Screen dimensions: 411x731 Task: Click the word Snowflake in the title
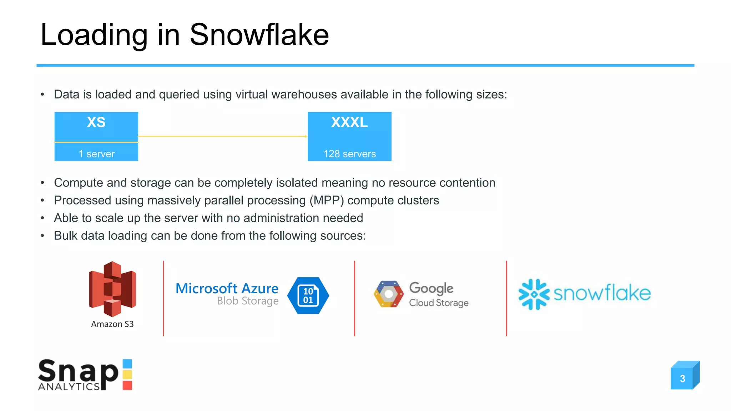(x=259, y=35)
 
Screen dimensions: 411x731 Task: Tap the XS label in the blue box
(x=96, y=122)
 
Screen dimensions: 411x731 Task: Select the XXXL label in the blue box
(x=349, y=122)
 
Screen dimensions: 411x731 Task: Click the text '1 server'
(x=96, y=154)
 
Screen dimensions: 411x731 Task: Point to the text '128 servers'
(x=349, y=154)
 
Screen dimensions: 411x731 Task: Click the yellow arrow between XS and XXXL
(x=223, y=136)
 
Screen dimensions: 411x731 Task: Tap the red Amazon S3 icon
(x=112, y=289)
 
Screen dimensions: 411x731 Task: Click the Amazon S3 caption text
(x=112, y=324)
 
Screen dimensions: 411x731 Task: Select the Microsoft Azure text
(x=227, y=288)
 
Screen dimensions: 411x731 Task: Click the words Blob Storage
(x=248, y=301)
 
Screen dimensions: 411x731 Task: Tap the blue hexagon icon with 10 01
(x=308, y=295)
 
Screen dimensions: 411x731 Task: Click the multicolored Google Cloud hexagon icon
(x=389, y=294)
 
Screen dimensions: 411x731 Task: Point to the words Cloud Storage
(x=439, y=303)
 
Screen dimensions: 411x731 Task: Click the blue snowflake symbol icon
(x=534, y=294)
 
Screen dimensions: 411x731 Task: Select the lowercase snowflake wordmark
(x=602, y=293)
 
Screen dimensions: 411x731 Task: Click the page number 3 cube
(x=683, y=377)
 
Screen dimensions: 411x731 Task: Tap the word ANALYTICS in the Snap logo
(x=69, y=386)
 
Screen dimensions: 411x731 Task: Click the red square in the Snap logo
(x=127, y=385)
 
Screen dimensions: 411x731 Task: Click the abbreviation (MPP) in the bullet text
(x=326, y=201)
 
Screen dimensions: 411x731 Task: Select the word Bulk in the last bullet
(x=66, y=236)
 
